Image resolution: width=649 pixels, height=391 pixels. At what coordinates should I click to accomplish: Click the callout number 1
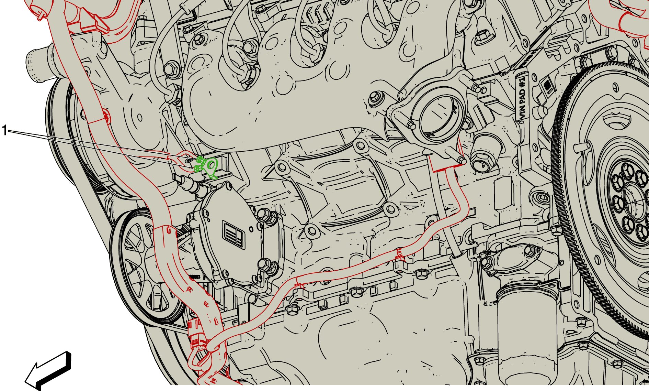point(4,130)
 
